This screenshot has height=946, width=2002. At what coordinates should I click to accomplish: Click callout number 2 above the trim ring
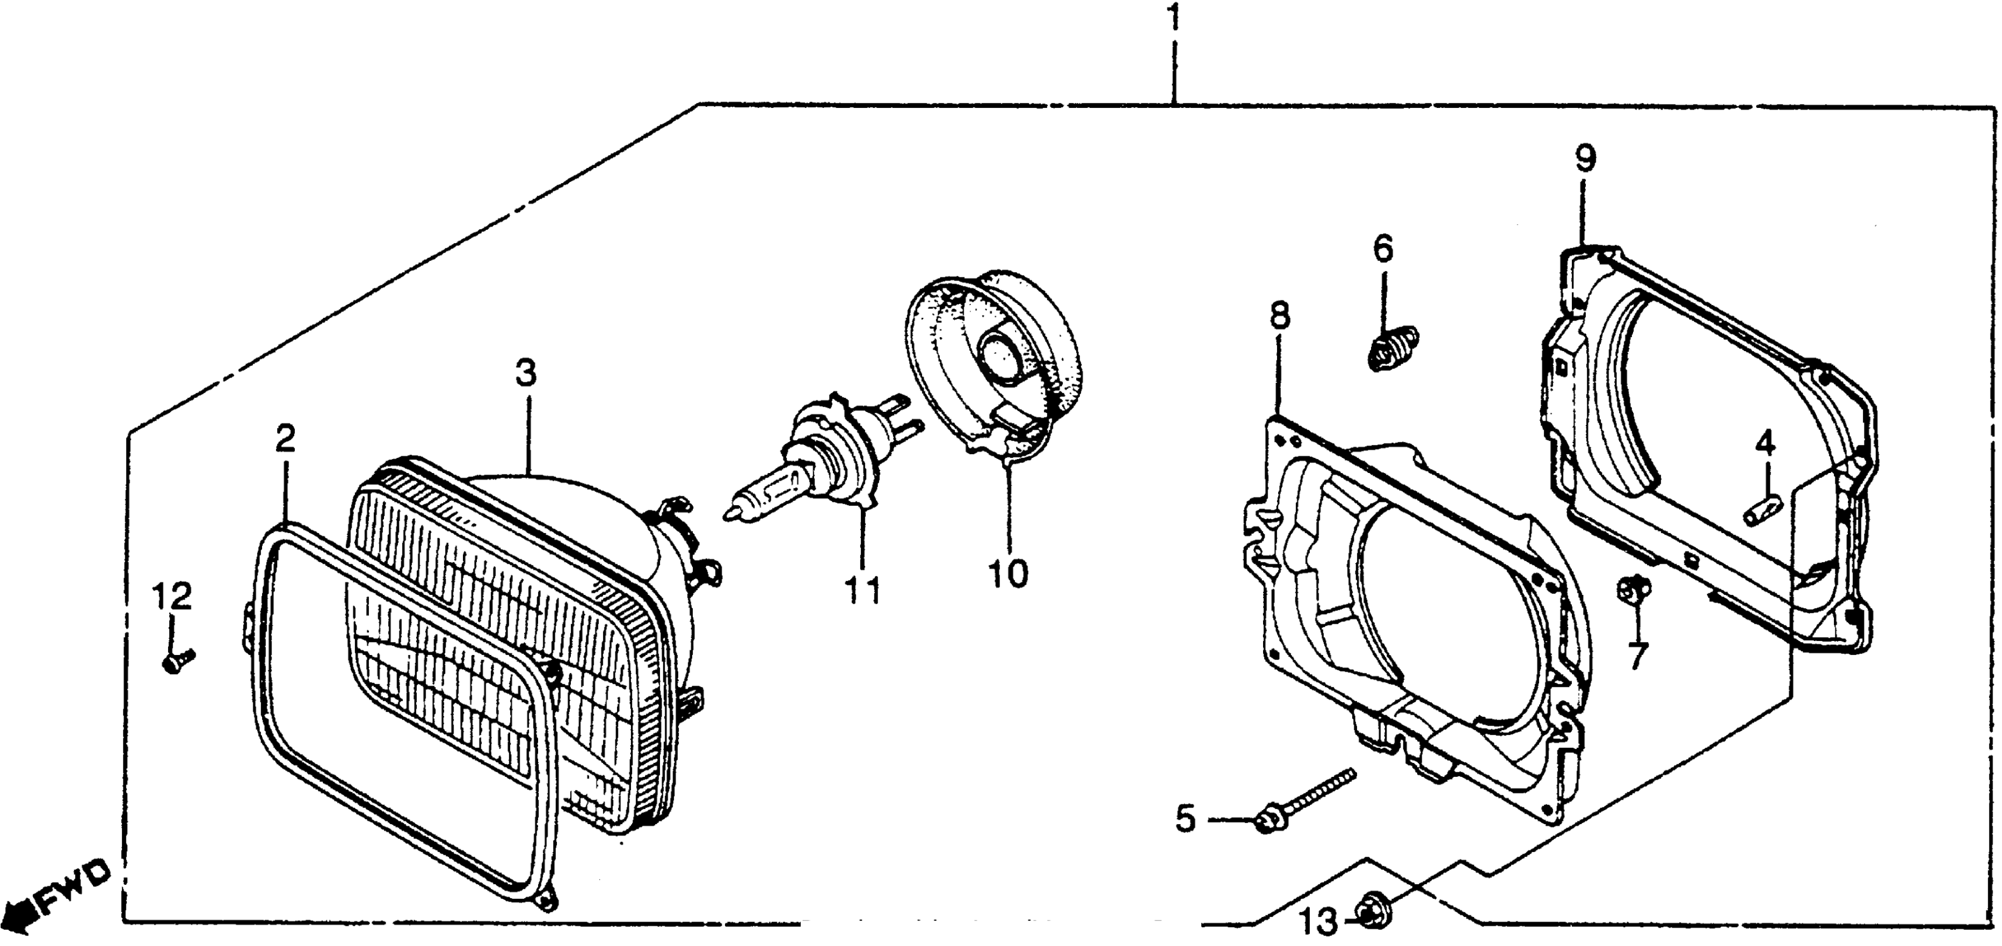[285, 440]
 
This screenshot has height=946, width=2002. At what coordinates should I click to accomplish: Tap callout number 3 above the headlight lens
[526, 373]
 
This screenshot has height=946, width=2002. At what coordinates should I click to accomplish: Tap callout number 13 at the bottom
[1319, 922]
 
